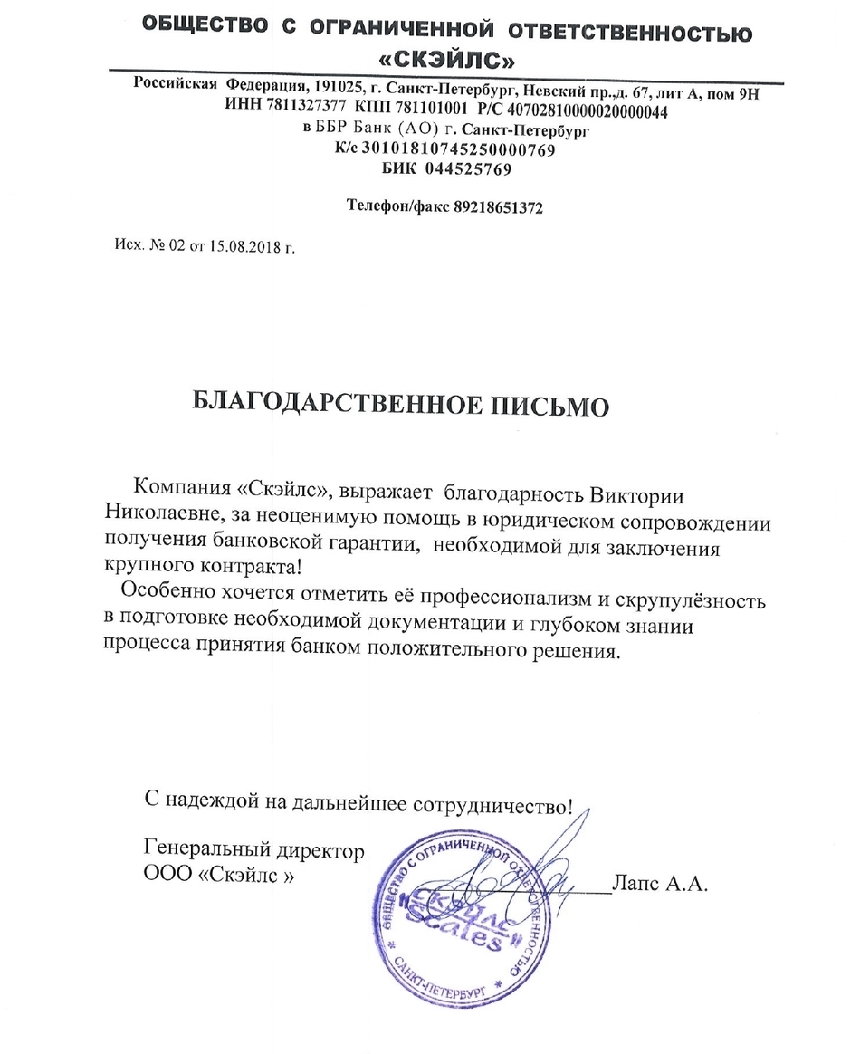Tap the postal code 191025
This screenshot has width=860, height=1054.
pos(336,87)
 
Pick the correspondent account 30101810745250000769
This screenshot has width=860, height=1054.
pos(458,150)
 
